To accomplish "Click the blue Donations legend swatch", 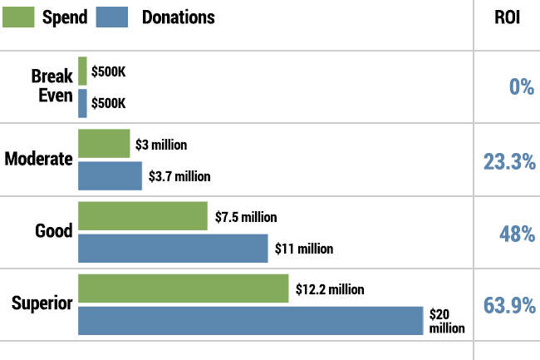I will coord(112,17).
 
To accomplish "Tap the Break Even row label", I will coord(52,86).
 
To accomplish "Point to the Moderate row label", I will coord(38,158).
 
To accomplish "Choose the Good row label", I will coord(54,231).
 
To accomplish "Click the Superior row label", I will coord(42,303).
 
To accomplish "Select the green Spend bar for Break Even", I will coord(82,71).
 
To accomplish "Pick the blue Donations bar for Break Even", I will coord(82,103).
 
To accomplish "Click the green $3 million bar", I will coord(104,143).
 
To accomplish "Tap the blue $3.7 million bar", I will coord(110,175).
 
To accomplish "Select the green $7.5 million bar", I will coord(142,215).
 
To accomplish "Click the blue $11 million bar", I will coord(173,248).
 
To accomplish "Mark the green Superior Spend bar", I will coord(183,288).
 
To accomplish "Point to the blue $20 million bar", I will coord(250,321).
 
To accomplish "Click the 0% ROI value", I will coord(521,86).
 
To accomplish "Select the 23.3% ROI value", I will coord(508,161).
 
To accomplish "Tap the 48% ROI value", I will coord(515,234).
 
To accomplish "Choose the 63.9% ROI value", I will coord(508,305).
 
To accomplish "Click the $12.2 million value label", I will coord(330,289).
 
